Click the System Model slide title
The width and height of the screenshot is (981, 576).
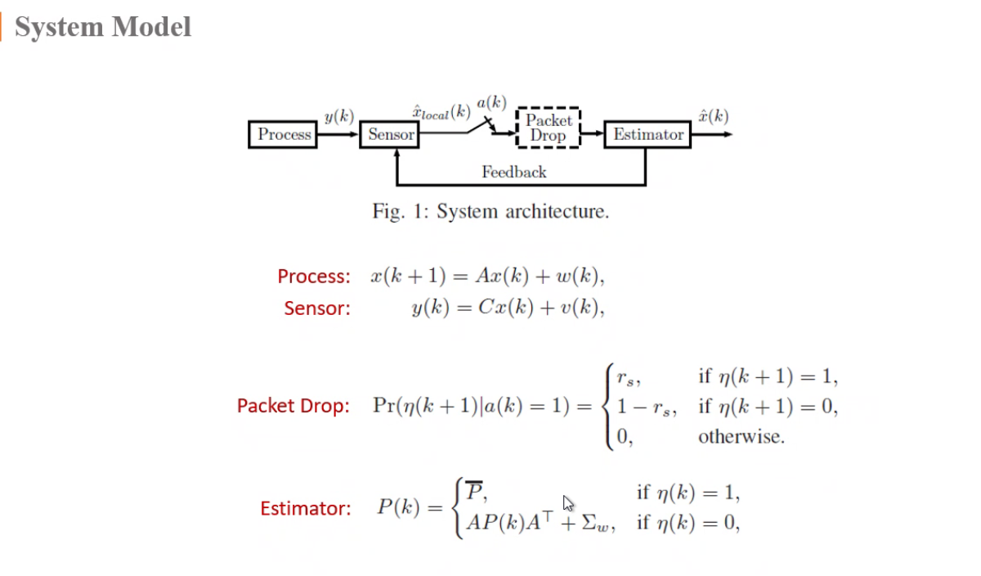pos(103,27)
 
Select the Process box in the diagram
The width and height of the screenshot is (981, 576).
pos(284,134)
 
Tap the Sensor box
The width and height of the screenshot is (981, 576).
pos(390,134)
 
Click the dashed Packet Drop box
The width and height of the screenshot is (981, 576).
pos(548,128)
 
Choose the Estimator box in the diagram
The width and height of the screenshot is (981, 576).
pos(647,134)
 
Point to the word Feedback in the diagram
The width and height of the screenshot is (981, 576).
pos(513,172)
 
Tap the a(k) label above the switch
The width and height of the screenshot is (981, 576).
pos(491,103)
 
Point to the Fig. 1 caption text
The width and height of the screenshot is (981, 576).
pos(490,212)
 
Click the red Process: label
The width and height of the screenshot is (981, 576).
pos(314,277)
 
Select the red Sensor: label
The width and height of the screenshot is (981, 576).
pos(317,308)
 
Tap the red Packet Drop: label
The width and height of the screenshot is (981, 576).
pos(293,406)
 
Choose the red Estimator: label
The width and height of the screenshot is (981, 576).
pos(305,509)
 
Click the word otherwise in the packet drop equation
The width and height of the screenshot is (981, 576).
pos(741,437)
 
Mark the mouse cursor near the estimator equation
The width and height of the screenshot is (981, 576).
pos(568,502)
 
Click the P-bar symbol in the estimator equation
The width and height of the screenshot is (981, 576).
pos(473,493)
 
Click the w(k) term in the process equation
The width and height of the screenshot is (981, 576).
pos(579,277)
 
